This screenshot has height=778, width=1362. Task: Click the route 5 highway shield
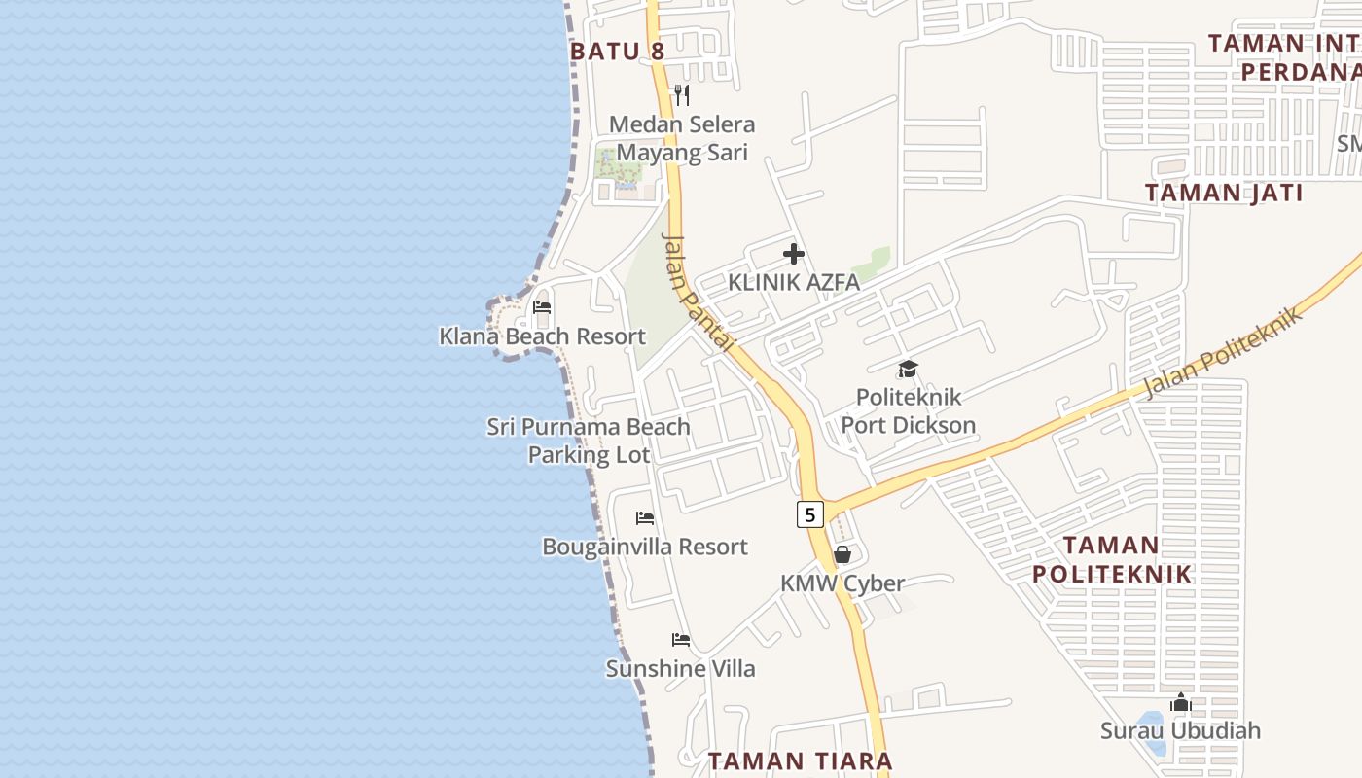coord(809,514)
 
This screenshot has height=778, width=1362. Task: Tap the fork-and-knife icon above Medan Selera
coord(682,95)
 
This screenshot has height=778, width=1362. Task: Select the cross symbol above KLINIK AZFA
coord(794,255)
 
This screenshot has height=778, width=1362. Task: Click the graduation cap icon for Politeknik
coord(908,369)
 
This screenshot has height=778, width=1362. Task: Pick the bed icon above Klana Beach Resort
coord(542,308)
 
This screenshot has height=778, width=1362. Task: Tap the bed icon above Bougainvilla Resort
coord(644,518)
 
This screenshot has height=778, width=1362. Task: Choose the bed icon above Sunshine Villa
coord(681,640)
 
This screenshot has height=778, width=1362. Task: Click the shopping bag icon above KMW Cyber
coord(842,554)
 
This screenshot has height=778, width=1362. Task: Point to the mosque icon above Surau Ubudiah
coord(1181,702)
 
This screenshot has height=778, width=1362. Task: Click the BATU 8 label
coord(618,52)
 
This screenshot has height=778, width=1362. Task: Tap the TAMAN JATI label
coord(1224,193)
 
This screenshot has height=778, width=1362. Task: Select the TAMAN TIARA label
coord(800,761)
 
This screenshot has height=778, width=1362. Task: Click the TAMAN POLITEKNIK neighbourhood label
coord(1111,559)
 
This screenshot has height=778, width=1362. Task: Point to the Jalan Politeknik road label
coord(1223,353)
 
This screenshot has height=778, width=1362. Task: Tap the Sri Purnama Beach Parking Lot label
coord(589,441)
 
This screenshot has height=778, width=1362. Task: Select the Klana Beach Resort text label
coord(542,336)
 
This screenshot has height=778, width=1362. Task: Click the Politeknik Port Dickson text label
coord(908,410)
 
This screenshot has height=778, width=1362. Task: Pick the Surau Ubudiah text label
coord(1180,730)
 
